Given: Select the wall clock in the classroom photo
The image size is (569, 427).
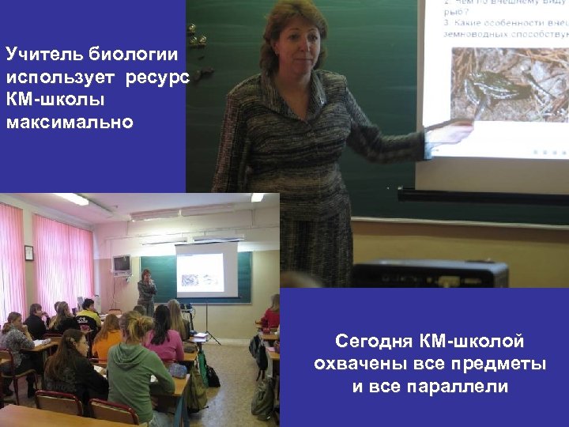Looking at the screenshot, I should (29, 252).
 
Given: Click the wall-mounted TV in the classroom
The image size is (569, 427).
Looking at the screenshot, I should (121, 263).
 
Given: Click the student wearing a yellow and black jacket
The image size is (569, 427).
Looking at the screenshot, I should (89, 312).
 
